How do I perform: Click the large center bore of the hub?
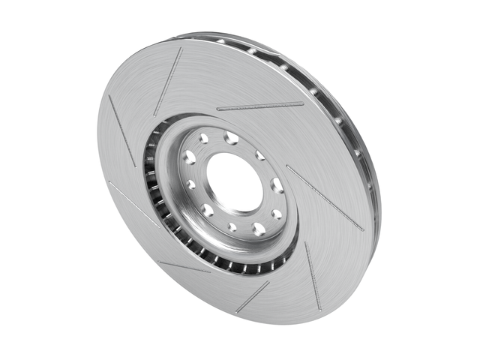235,181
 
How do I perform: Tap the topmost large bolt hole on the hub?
231,138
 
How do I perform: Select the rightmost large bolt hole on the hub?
277,185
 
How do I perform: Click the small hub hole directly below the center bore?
232,226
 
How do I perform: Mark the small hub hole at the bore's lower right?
276,214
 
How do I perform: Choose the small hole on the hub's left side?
191,184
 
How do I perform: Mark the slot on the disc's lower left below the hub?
184,266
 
